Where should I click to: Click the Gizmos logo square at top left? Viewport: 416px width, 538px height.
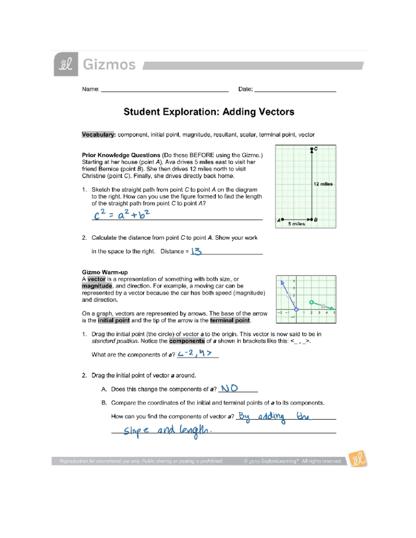66,64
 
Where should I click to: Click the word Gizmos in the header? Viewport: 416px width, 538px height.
109,65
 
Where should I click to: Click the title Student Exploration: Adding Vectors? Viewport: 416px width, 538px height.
209,112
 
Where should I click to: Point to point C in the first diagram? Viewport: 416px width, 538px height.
312,149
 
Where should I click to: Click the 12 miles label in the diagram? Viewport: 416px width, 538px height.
323,184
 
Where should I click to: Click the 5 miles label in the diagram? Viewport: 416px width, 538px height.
296,224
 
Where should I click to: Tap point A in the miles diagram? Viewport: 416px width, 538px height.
282,219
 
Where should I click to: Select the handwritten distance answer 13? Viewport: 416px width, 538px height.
196,251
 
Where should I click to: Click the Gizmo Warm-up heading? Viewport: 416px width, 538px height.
105,272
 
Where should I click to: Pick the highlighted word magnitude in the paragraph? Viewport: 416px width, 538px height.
97,286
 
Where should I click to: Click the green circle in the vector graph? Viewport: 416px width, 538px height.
311,302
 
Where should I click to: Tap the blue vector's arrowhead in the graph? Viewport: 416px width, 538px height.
282,283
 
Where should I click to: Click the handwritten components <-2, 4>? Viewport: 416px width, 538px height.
194,353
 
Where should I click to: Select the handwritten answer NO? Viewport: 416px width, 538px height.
229,388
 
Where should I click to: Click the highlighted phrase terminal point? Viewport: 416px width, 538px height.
230,320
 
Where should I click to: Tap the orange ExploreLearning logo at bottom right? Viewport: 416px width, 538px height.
357,459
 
